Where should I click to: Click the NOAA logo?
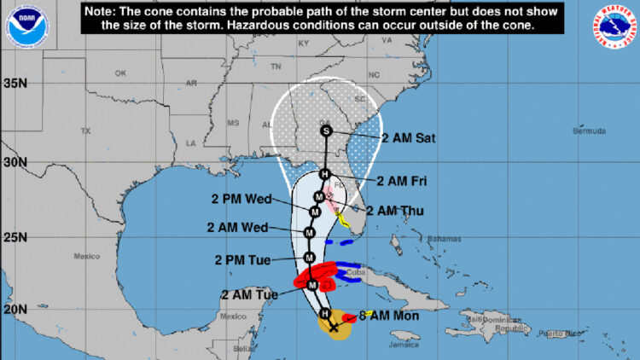pyautogui.click(x=26, y=25)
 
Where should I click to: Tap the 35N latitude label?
pyautogui.click(x=15, y=84)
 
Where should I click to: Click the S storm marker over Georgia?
pyautogui.click(x=326, y=131)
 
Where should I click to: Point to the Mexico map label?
pyautogui.click(x=87, y=256)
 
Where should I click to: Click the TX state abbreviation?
pyautogui.click(x=85, y=131)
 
